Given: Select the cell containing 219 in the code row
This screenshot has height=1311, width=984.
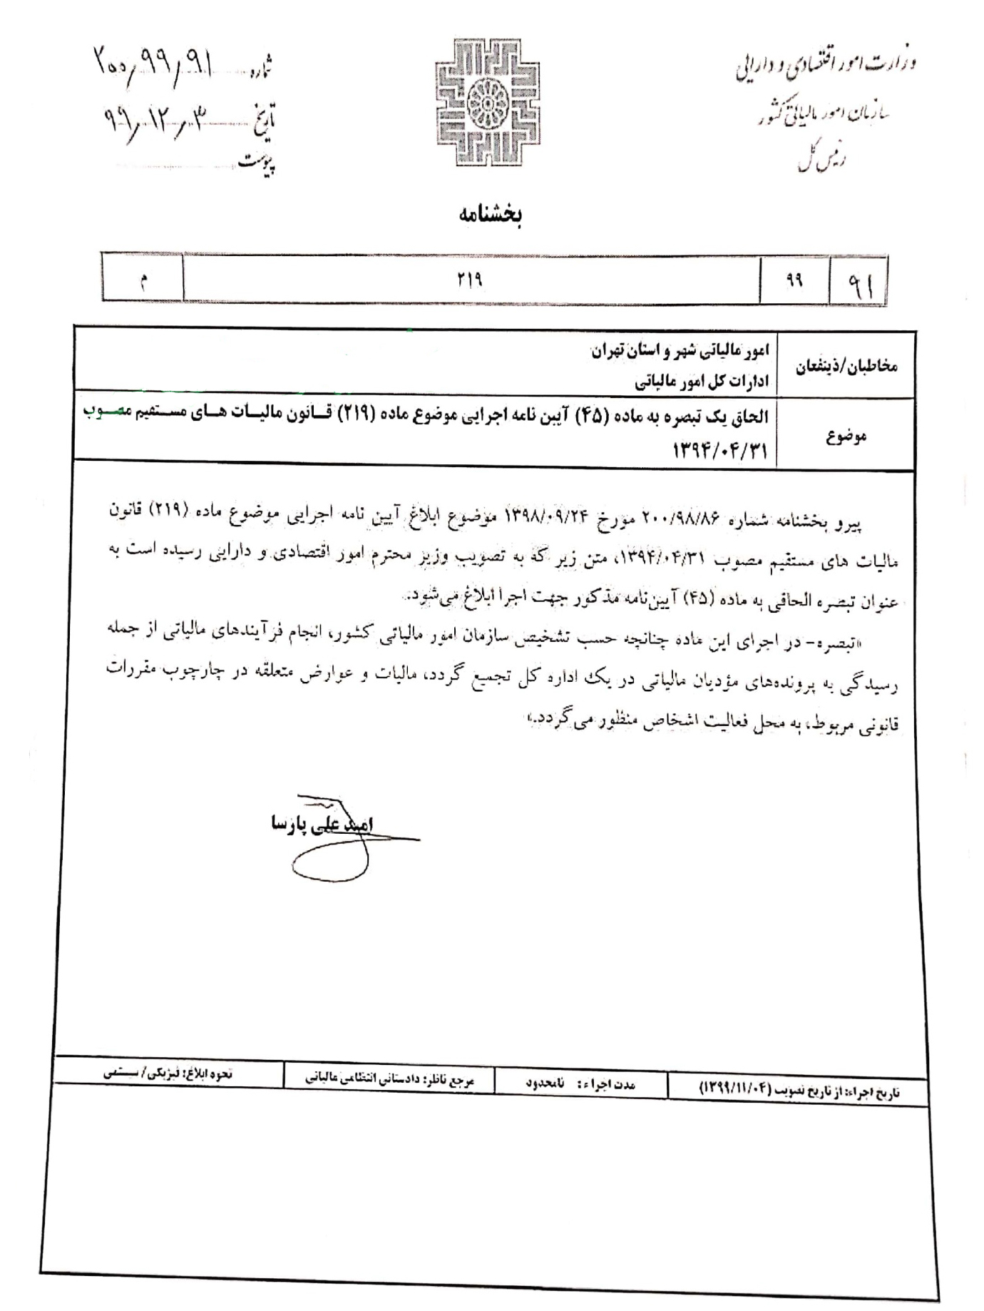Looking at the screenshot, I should [x=471, y=280].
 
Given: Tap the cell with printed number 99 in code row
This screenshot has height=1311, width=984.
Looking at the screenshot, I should [x=794, y=280].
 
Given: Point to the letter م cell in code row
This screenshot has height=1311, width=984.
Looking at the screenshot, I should [x=143, y=280].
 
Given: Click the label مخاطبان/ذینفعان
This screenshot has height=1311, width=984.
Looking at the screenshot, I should [x=846, y=366].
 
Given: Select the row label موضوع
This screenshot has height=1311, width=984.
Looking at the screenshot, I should [x=846, y=437].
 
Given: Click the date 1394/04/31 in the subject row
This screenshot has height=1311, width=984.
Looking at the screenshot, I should [x=719, y=450].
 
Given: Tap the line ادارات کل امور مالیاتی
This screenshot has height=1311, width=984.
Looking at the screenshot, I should [x=701, y=382].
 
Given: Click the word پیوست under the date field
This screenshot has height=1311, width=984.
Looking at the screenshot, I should [x=257, y=163].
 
